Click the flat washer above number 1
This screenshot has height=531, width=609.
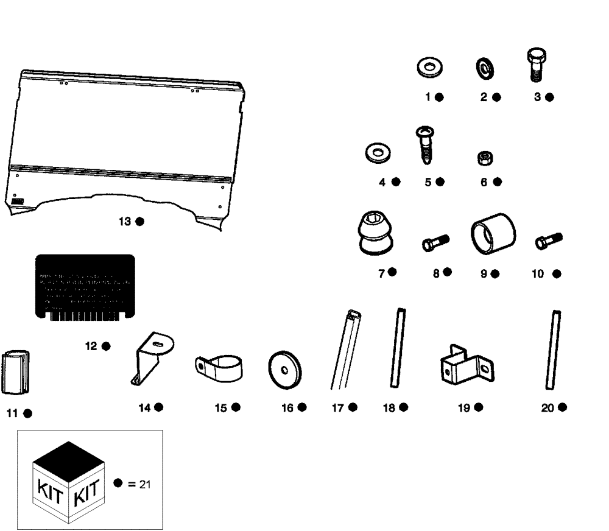430,69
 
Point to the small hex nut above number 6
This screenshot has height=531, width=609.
485,159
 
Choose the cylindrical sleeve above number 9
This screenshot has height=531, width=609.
493,234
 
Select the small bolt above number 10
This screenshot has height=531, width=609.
548,241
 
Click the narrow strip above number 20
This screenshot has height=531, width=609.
553,350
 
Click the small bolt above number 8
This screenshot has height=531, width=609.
435,243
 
